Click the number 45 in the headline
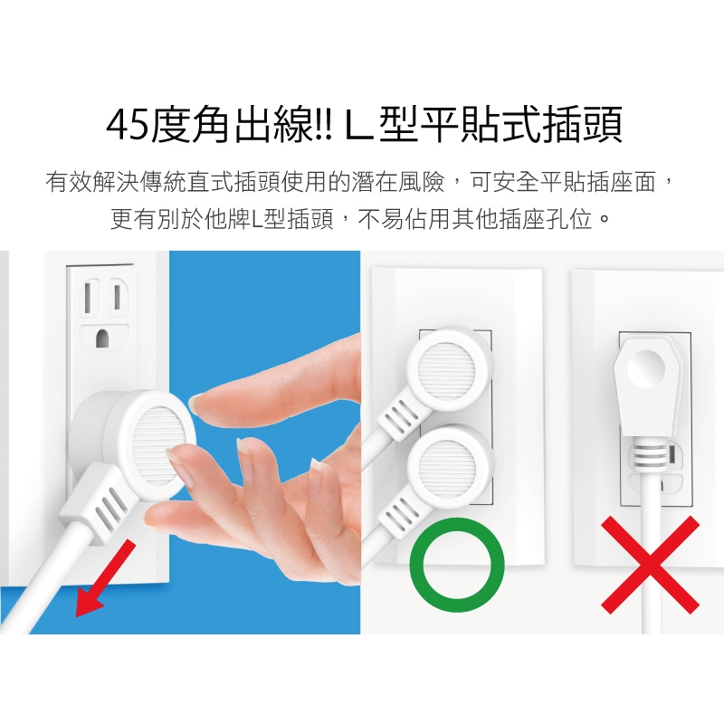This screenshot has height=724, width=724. tap(129, 125)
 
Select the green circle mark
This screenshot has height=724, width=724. tap(457, 565)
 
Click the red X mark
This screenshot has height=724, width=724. tap(650, 565)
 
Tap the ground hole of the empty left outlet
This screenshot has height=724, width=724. tap(102, 338)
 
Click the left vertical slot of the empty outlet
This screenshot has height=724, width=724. tap(87, 298)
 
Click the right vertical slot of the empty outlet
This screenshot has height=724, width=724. tap(118, 298)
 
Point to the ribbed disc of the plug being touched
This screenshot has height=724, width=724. tap(159, 445)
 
